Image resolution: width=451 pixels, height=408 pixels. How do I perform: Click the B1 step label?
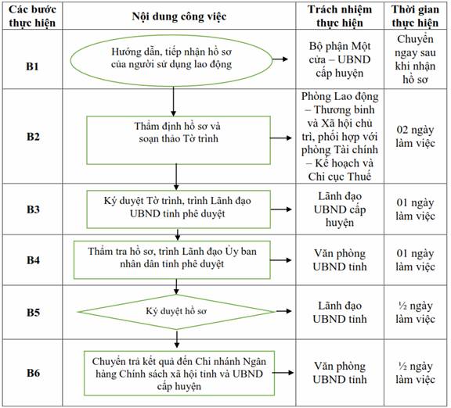tap(32, 66)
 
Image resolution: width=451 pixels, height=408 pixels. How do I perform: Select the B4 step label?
tap(33, 260)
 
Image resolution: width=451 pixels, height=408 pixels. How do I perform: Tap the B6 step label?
tap(33, 373)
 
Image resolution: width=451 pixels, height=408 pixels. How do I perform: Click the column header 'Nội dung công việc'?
tap(179, 16)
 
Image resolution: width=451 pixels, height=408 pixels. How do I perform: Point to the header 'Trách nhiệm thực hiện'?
tap(340, 16)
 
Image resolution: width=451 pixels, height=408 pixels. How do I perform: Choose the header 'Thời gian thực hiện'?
tap(415, 16)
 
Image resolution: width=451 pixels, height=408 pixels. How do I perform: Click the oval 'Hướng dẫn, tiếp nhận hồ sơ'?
tap(171, 61)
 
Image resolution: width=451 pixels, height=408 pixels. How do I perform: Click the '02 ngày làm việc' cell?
tap(415, 136)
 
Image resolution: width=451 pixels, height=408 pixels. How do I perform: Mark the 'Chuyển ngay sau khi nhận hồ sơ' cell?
tap(415, 59)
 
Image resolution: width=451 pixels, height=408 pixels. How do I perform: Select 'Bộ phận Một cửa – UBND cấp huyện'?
tap(340, 59)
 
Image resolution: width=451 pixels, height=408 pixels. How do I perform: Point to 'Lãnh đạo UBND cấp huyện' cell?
tap(340, 209)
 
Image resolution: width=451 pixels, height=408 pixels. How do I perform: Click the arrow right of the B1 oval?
tap(280, 59)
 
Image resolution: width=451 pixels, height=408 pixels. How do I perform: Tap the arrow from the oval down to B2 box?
tap(173, 101)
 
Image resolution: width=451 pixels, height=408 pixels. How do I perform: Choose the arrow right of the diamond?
tap(283, 311)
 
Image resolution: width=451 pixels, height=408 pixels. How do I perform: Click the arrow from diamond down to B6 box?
tap(177, 340)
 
